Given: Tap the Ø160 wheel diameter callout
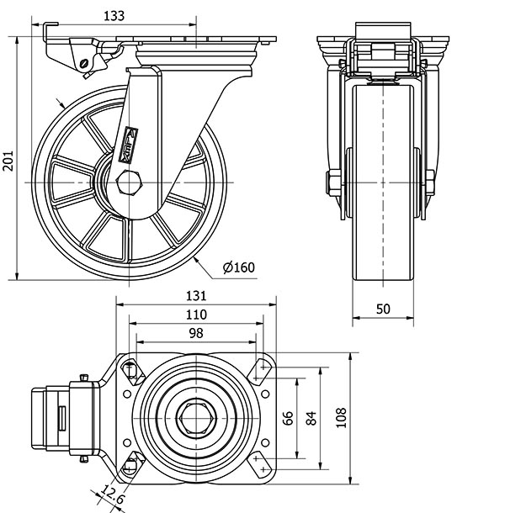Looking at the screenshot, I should [238, 267].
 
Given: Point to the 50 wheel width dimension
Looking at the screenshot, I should [383, 309].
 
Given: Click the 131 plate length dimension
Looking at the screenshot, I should [195, 296].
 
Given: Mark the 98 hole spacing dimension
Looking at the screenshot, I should [195, 333].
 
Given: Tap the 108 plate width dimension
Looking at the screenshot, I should [340, 418].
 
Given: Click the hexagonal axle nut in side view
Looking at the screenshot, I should [130, 182].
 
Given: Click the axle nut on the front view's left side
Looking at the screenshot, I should [332, 182].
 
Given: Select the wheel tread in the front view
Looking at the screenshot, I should [383, 252].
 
